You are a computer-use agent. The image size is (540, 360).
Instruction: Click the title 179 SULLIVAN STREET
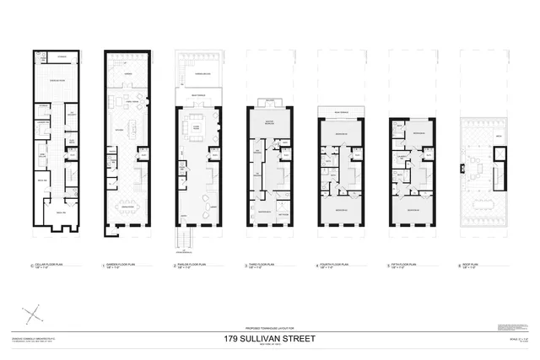click(269, 339)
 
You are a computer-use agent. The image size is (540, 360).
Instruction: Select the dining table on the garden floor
click(129, 213)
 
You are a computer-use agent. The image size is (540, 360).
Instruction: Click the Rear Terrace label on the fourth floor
click(342, 113)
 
